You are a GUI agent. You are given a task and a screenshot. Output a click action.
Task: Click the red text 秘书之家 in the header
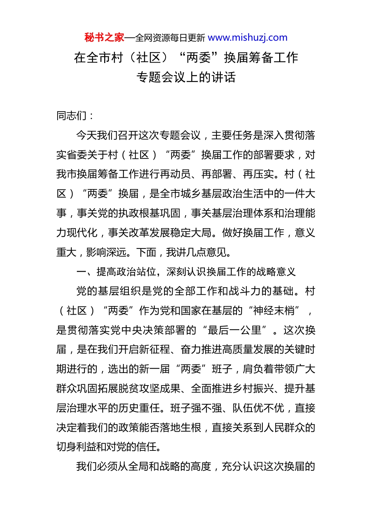pyautogui.click(x=104, y=38)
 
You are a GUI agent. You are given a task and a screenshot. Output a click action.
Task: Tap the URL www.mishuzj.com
pyautogui.click(x=247, y=38)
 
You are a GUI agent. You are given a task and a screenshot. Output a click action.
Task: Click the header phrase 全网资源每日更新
pyautogui.click(x=170, y=38)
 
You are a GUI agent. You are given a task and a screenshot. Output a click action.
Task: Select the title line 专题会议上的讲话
pyautogui.click(x=186, y=77)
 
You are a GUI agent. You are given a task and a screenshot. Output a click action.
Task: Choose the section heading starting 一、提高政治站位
pyautogui.click(x=186, y=272)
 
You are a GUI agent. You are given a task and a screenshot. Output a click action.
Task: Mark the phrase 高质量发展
pyautogui.click(x=247, y=349)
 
